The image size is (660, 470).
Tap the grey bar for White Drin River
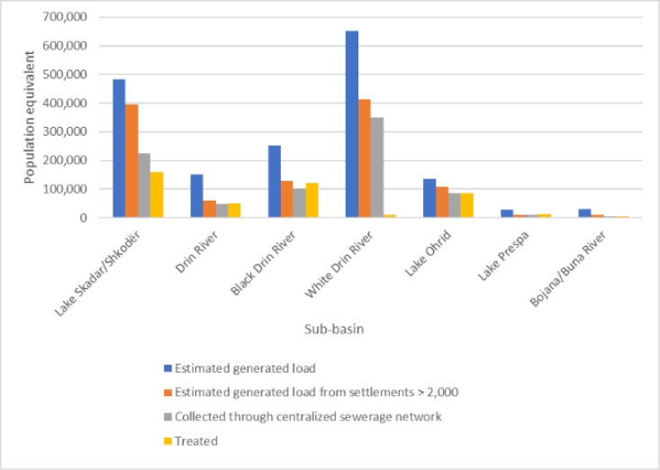[376, 167]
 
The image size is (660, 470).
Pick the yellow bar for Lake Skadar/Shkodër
[157, 194]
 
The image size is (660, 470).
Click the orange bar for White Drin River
[364, 158]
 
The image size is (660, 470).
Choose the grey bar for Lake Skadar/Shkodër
[144, 185]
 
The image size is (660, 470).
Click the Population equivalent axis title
[29, 118]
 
